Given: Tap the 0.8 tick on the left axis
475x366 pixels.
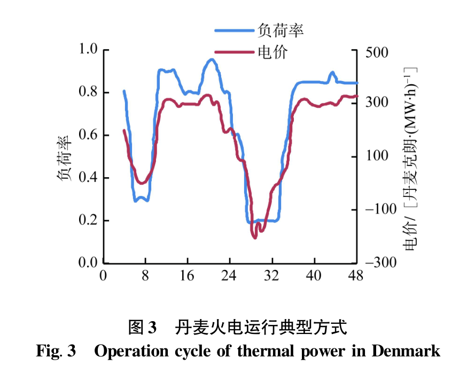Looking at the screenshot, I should tap(89, 92).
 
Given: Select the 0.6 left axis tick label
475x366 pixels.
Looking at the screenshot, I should tap(89, 135).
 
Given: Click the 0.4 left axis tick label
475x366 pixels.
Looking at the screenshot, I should tap(89, 178).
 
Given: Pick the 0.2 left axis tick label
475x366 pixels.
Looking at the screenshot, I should tap(89, 220).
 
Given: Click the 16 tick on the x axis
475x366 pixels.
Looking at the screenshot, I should tap(188, 276).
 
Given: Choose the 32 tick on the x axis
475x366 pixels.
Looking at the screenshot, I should tap(272, 276).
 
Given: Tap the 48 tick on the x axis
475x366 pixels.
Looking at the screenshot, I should tap(356, 276).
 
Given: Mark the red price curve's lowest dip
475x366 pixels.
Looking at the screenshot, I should tap(255, 237).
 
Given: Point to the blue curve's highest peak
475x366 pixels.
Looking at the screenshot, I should tap(211, 60).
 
